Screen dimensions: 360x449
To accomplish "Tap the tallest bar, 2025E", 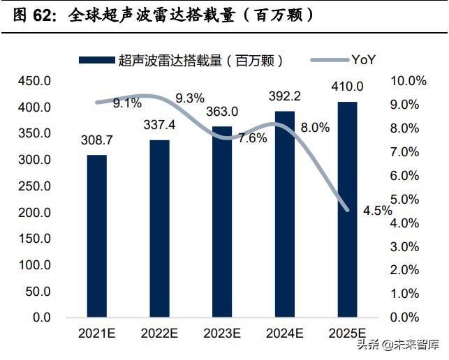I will (348, 209).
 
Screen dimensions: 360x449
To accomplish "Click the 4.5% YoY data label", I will (378, 211).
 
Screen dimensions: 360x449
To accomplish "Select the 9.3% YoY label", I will (190, 98).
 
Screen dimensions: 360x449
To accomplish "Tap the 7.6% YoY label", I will (252, 137).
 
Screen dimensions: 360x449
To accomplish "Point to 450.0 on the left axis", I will (34, 82).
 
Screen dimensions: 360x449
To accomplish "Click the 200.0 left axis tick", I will (34, 212).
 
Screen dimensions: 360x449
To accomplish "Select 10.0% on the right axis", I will (408, 82).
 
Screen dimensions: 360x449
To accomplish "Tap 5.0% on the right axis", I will (408, 200).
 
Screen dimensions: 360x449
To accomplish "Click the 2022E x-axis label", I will (159, 333).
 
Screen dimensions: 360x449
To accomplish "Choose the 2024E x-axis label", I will (284, 333).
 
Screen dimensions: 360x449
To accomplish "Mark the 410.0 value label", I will (347, 87).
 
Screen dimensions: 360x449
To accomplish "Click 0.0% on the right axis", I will (408, 317).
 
